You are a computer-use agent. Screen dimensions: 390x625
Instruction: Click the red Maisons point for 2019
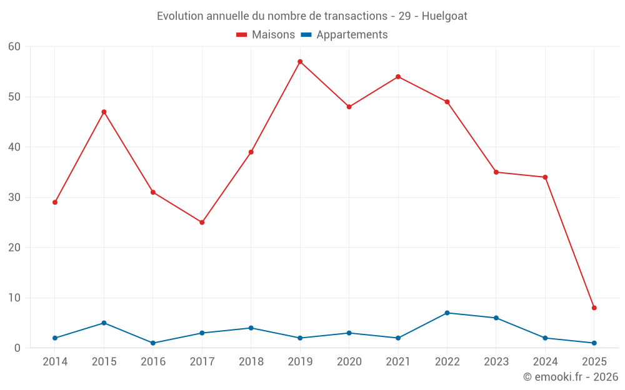pos(300,62)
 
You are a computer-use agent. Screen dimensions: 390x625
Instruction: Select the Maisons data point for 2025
pos(594,308)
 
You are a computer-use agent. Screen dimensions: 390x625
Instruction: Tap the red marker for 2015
pos(104,112)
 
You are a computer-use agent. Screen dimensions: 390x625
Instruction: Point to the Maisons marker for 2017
pos(202,222)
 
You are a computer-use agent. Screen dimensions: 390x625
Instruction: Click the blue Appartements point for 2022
pos(447,313)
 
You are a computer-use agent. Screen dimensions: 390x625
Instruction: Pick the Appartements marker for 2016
pos(153,343)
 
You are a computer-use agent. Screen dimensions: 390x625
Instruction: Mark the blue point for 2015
pos(104,323)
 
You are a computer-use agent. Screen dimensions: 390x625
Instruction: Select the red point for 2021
pos(398,77)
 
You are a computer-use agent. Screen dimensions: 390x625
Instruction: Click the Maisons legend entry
pos(266,35)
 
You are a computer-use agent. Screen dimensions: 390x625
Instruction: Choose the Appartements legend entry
pos(344,35)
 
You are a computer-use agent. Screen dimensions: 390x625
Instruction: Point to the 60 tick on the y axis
pos(14,47)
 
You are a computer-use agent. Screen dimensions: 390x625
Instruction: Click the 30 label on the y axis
pos(14,197)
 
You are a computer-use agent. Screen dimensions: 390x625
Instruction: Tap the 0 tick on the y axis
pos(17,348)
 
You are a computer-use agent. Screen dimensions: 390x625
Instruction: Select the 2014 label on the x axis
pos(55,362)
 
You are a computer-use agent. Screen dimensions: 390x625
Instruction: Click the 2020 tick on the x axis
pos(349,362)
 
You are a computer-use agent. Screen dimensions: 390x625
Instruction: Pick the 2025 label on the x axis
pos(594,362)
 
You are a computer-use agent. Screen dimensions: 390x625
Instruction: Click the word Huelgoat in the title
pos(444,16)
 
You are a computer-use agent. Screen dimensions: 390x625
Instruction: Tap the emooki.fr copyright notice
pos(570,377)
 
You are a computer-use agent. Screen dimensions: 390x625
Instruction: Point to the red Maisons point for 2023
pos(496,172)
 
